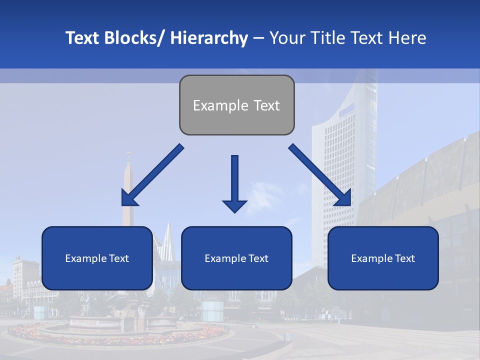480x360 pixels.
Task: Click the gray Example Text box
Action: [x=236, y=105]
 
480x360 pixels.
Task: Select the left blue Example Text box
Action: [x=97, y=258]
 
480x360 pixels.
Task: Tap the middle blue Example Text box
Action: [x=236, y=258]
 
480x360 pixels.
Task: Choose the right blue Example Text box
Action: [x=383, y=258]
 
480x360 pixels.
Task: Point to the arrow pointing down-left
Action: [x=152, y=175]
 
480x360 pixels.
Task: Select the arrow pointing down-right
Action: [x=320, y=175]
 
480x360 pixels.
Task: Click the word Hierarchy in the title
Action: [x=209, y=38]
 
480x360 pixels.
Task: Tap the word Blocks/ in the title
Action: [x=134, y=38]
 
